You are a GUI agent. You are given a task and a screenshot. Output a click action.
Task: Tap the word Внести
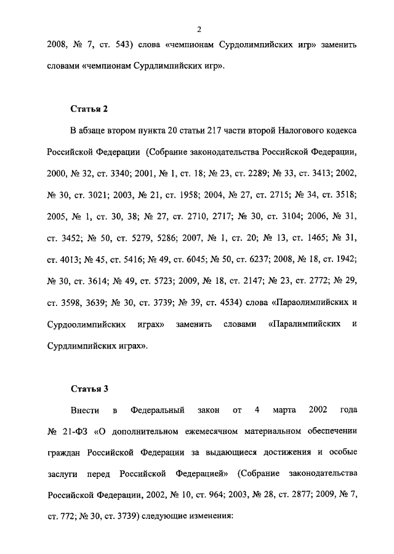pyautogui.click(x=81, y=409)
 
